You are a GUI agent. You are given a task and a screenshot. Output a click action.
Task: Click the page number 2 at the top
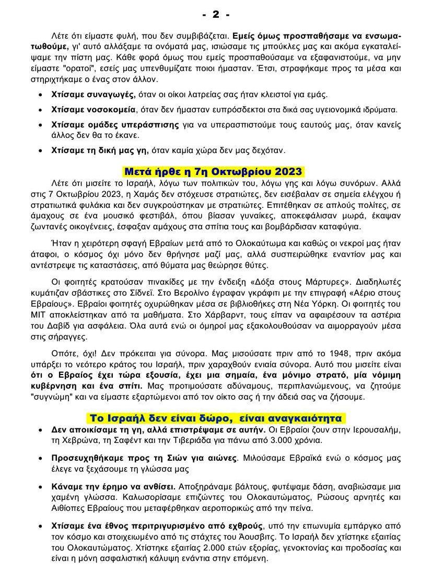(x=216, y=14)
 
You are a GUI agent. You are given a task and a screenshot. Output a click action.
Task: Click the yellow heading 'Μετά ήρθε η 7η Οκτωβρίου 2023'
(x=213, y=172)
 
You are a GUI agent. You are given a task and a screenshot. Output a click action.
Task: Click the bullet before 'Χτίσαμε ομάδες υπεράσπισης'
(x=41, y=125)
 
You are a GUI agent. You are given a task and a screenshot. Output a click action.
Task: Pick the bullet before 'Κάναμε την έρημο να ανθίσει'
(x=41, y=487)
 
